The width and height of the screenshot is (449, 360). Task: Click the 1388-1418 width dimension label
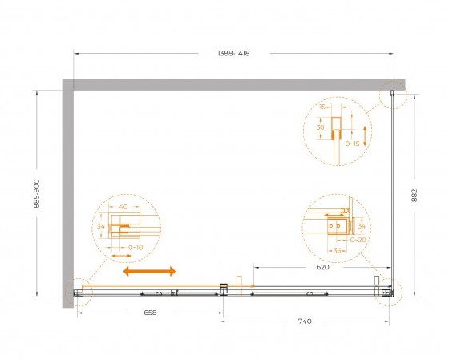[233, 53]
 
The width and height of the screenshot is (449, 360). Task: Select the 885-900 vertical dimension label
[37, 193]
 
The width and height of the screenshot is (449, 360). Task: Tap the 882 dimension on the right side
[415, 196]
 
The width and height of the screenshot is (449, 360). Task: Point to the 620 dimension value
[322, 267]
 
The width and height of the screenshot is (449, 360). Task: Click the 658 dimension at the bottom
[150, 313]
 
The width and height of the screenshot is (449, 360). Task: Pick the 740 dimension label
[305, 322]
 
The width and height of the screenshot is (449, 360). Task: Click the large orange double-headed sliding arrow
[149, 271]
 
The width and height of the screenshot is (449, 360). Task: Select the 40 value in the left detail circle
[123, 207]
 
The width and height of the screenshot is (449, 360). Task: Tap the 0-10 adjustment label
[136, 248]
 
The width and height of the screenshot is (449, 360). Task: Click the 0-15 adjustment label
[352, 144]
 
